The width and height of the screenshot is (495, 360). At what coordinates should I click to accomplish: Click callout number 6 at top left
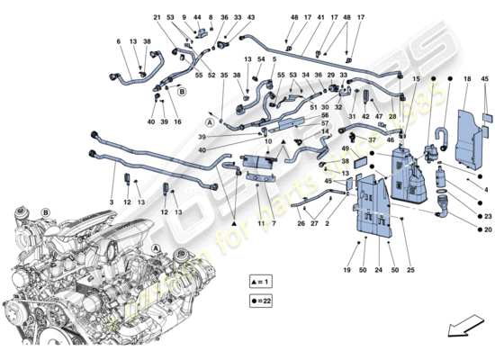[118, 41]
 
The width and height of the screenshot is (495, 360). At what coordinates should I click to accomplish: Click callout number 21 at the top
[156, 17]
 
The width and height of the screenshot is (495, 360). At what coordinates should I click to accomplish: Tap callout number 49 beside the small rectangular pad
[345, 148]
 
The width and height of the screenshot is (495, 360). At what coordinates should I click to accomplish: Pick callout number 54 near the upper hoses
[260, 58]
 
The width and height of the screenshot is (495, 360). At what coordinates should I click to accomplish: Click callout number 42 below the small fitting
[366, 116]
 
